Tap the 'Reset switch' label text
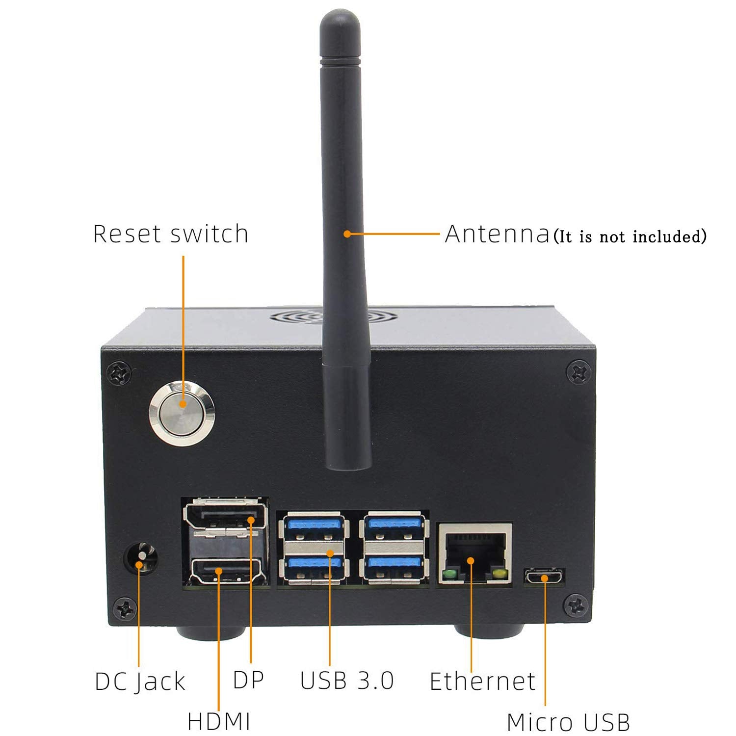[171, 234]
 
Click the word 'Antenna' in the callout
[497, 234]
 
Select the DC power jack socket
[142, 558]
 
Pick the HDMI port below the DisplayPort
[226, 571]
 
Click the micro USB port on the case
[545, 577]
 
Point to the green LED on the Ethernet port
[448, 574]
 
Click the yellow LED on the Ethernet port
[500, 574]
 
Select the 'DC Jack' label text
[140, 682]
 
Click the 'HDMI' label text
[219, 722]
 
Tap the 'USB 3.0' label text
[347, 681]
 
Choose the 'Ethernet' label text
[482, 682]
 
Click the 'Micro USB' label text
[568, 722]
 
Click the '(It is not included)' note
[630, 237]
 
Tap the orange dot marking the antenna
[347, 234]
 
